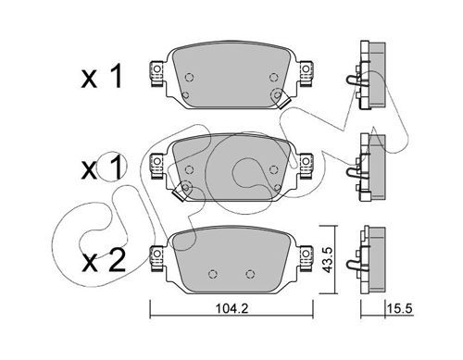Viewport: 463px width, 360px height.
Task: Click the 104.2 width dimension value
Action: pyautogui.click(x=231, y=308)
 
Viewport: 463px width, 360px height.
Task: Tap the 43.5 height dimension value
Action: pyautogui.click(x=327, y=260)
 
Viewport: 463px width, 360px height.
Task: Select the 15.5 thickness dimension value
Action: pyautogui.click(x=401, y=308)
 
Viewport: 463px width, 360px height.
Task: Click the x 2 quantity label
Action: pyautogui.click(x=104, y=261)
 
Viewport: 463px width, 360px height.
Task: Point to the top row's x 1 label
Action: pyautogui.click(x=102, y=77)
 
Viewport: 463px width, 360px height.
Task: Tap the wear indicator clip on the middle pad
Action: pyautogui.click(x=179, y=194)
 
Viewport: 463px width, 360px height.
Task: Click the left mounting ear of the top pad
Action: pyautogui.click(x=156, y=73)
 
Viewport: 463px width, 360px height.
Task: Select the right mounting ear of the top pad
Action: pyautogui.click(x=306, y=73)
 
